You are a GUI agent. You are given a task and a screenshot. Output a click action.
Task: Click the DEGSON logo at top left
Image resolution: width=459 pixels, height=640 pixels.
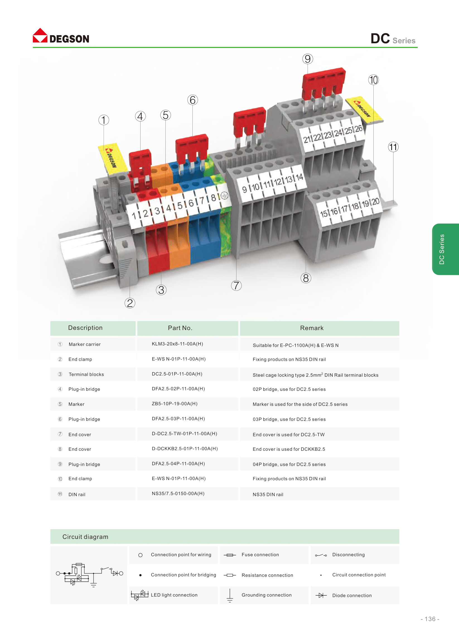coord(61,36)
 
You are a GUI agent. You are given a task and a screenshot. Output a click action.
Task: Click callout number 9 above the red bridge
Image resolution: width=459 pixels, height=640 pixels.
coord(308,59)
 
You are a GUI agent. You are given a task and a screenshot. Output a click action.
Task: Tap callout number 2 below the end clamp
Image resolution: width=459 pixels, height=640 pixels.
coord(130,303)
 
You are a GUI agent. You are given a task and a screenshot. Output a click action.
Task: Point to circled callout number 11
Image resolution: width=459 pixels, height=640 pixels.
coord(393,147)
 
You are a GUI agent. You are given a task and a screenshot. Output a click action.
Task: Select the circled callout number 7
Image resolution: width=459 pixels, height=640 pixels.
coord(236,286)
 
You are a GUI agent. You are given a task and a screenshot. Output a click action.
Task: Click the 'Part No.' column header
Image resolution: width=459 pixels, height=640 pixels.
coord(180,328)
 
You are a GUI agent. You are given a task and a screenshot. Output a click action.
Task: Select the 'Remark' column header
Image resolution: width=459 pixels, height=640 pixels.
coord(312,328)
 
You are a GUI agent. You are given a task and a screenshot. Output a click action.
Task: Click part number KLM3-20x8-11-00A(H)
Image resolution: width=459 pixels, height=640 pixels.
coord(177,344)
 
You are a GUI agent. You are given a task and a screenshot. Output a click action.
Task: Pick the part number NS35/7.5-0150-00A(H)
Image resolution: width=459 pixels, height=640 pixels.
coord(178,494)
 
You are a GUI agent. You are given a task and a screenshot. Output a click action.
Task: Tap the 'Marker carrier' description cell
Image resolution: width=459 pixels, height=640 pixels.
coord(84,344)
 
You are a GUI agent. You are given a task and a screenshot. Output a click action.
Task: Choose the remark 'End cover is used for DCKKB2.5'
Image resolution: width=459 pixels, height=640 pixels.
coord(289,449)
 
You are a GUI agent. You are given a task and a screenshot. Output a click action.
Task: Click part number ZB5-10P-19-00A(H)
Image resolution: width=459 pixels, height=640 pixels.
coord(174,404)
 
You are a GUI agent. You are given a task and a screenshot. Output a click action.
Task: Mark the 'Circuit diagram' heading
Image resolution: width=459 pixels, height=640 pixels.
coord(85,537)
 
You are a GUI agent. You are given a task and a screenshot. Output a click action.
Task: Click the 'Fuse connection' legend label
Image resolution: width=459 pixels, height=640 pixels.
coord(260,555)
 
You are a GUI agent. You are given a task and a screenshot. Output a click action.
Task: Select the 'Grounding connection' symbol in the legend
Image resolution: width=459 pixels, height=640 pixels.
coord(230,595)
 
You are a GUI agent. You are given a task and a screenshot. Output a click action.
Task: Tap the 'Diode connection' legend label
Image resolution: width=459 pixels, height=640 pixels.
coord(352,595)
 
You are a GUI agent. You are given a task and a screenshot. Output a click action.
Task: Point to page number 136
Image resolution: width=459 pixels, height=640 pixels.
coord(430,619)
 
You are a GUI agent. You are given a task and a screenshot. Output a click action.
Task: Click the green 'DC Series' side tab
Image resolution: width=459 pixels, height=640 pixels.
coord(445,249)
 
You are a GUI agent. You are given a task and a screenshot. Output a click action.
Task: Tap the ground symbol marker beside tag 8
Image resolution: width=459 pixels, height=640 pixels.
coord(224,195)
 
